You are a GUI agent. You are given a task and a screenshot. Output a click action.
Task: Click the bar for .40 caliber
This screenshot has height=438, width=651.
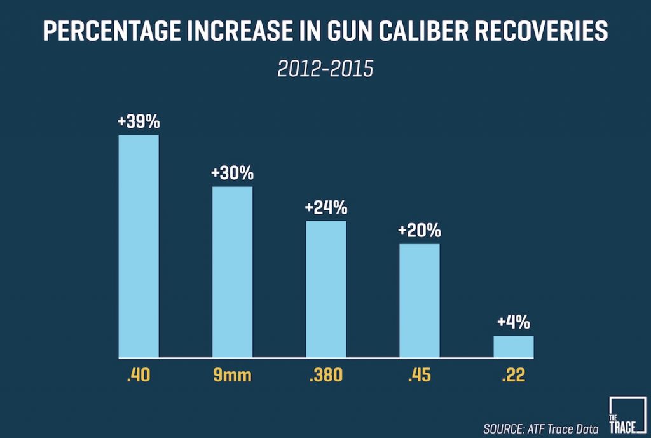coord(139,246)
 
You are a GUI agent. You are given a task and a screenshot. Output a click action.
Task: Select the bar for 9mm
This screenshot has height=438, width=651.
coord(232,271)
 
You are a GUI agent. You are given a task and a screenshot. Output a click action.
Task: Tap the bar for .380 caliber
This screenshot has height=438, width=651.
coord(326,289)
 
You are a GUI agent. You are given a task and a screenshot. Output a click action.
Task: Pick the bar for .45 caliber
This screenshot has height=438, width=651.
coord(420,300)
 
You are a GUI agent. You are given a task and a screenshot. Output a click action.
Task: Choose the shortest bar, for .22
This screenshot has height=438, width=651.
coord(513,346)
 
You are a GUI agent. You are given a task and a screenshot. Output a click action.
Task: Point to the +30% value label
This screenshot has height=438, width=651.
coord(232,173)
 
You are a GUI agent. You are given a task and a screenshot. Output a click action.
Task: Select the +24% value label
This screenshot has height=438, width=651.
coord(326,207)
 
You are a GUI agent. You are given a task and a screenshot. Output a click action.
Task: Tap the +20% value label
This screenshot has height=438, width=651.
coord(420,230)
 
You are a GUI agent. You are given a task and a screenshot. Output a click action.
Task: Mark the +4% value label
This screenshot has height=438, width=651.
coord(513,322)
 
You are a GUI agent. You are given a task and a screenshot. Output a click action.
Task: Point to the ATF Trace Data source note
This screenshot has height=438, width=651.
coord(540,428)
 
